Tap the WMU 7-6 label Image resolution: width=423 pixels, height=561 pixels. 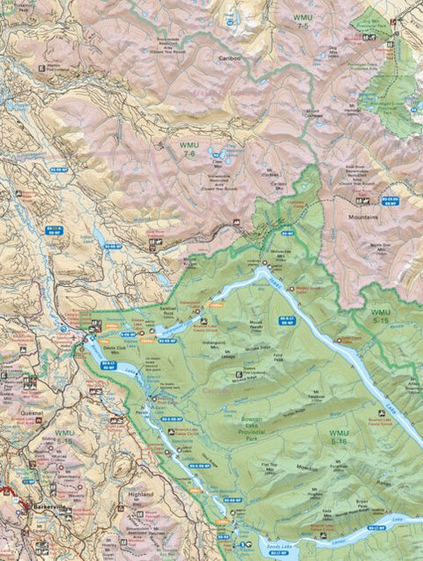[189, 150]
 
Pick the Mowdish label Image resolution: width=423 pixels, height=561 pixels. [307, 469]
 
